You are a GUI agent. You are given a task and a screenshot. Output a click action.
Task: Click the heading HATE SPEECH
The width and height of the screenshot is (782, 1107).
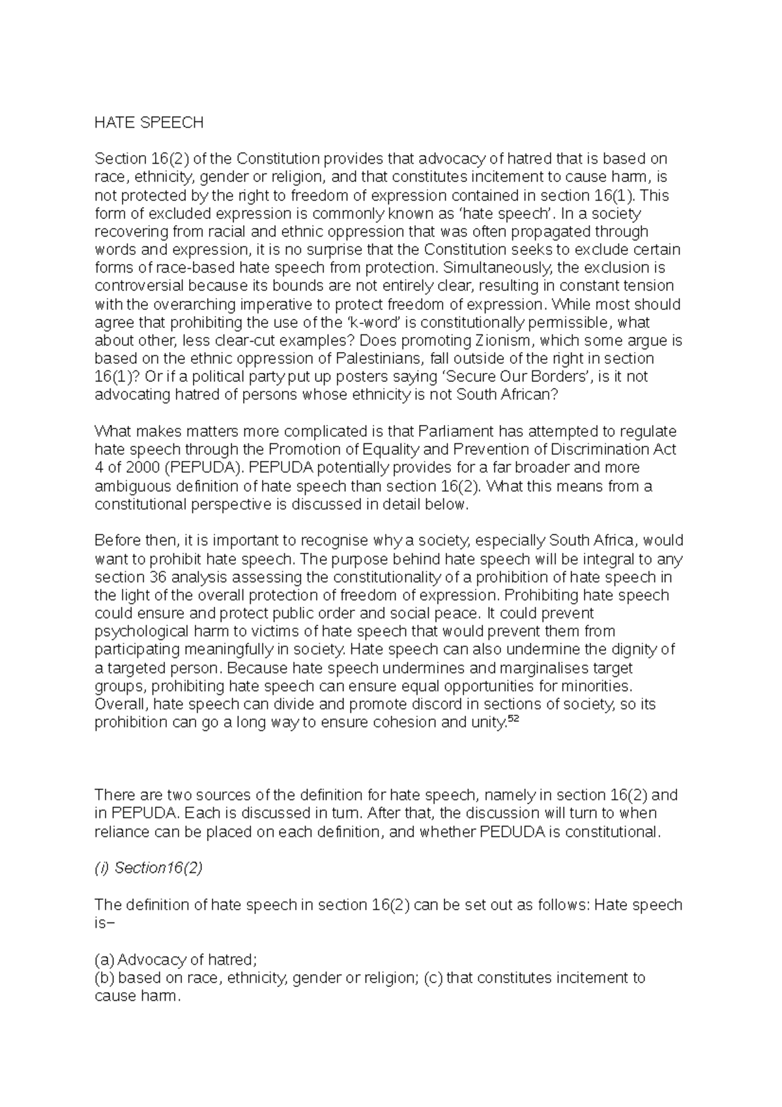[149, 123]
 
